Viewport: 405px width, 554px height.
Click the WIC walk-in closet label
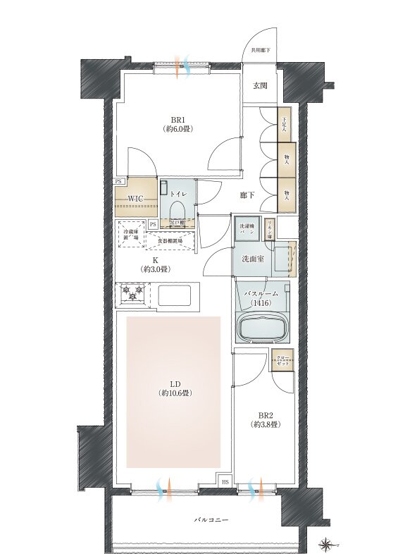click(136, 199)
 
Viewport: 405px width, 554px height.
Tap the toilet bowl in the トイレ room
click(176, 209)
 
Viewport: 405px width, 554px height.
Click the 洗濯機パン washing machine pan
click(247, 228)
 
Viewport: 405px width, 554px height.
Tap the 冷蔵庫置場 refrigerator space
click(130, 235)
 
